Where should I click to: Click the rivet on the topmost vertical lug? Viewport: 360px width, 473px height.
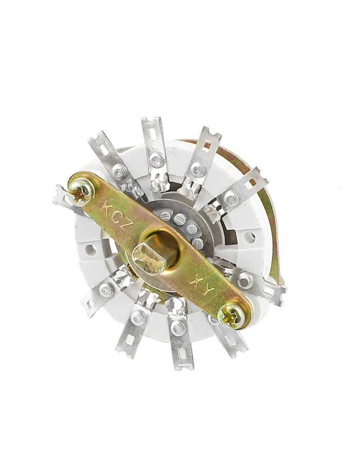coord(157,159)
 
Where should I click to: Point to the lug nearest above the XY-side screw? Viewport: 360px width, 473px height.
coord(256,284)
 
